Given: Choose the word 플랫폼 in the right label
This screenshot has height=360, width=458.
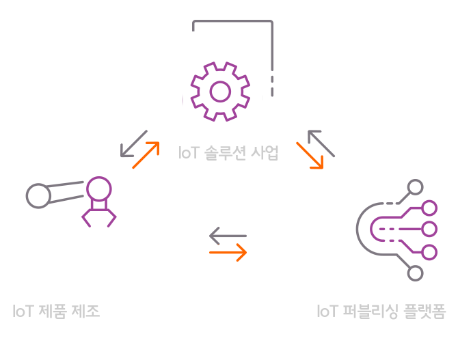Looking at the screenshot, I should coord(423,311).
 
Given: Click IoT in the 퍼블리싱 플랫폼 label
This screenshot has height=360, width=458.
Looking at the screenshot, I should coord(327,311).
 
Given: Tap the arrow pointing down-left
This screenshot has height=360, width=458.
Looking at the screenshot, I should coord(133,143).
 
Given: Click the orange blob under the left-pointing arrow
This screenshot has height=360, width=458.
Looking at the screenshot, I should coord(228,251).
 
